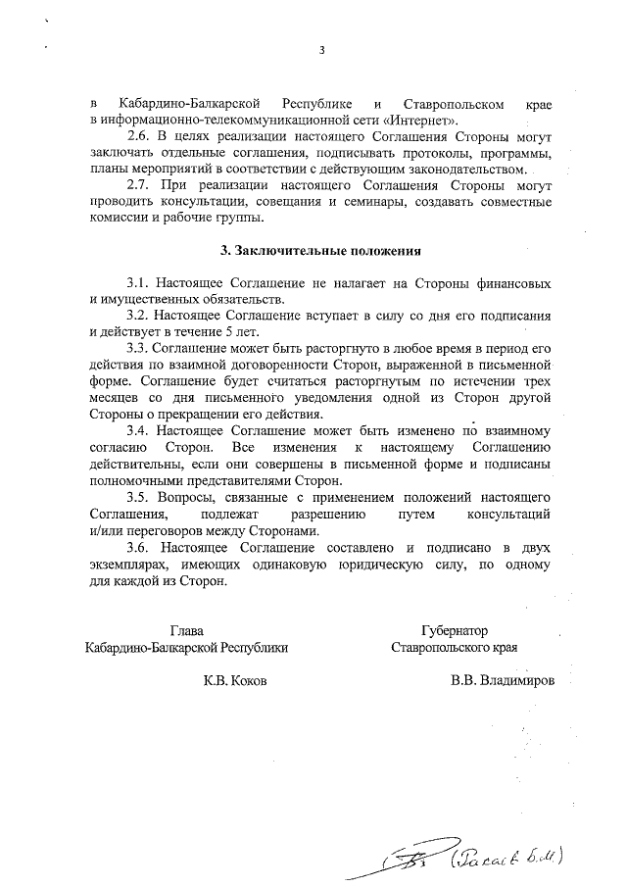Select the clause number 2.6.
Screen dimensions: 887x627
tap(140, 137)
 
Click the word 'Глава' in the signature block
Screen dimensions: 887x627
tap(187, 631)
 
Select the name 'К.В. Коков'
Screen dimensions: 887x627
tap(233, 680)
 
